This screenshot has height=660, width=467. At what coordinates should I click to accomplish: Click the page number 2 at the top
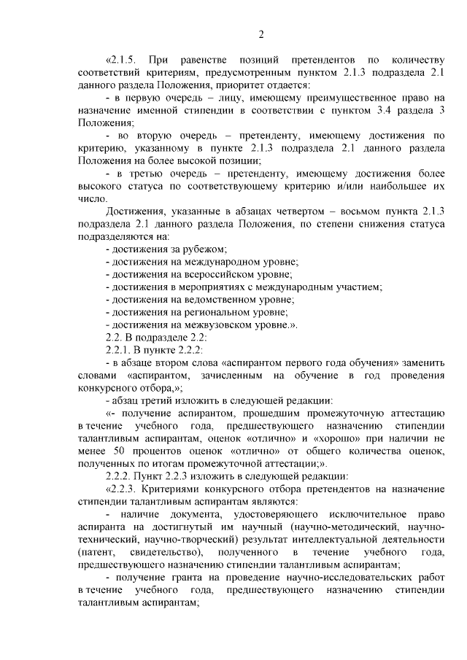[x=261, y=33]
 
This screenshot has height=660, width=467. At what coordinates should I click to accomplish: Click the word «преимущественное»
[x=320, y=97]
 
